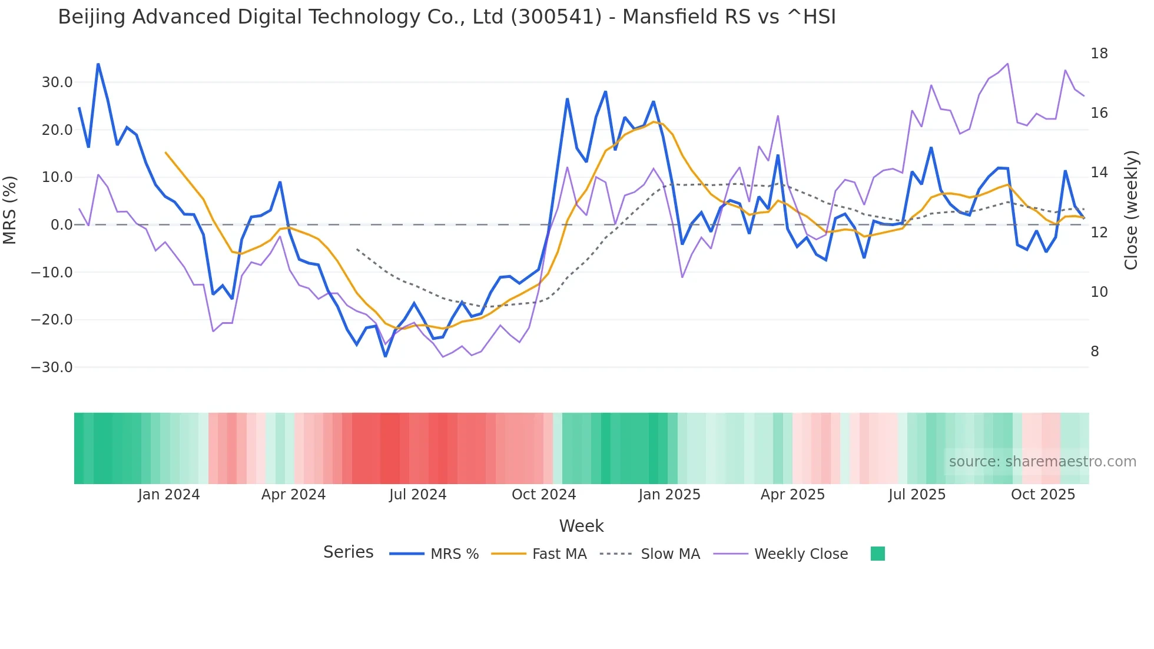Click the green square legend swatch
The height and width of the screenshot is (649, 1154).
click(877, 554)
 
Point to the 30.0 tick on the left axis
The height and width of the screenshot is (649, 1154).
click(57, 82)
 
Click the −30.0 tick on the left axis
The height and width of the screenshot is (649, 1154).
click(52, 367)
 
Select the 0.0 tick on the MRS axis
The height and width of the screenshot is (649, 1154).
click(62, 225)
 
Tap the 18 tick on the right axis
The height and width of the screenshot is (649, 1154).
click(1099, 54)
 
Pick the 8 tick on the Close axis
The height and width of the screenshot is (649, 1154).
click(1095, 352)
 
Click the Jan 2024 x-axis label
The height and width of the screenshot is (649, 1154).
click(169, 495)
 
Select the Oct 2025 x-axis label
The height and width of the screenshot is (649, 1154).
click(1043, 495)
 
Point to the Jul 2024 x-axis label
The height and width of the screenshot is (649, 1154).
click(417, 495)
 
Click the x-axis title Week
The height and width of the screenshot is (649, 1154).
click(581, 526)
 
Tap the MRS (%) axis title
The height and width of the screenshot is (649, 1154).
click(10, 210)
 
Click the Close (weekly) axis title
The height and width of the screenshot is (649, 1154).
click(1131, 210)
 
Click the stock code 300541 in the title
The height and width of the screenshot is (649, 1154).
click(556, 17)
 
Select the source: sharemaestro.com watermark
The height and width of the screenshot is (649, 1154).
click(1042, 462)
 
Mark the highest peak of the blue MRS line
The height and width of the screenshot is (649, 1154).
click(98, 64)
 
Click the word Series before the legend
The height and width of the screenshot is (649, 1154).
click(348, 552)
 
